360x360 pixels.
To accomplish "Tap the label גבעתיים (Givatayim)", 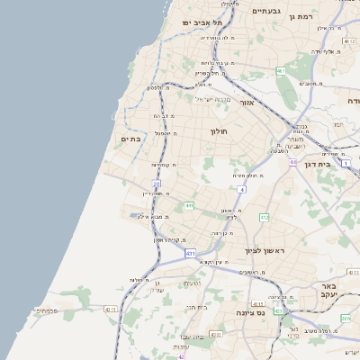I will coord(267,11).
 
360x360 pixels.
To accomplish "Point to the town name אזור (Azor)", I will coord(247,103).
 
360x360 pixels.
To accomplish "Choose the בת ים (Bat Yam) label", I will coord(131,139).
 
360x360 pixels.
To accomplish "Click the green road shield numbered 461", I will coord(281,70).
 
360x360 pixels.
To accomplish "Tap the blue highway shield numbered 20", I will coord(157,184).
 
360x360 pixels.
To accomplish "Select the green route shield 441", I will coord(189,206).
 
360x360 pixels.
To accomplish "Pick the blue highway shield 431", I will coord(190,254).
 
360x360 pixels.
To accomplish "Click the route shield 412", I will coord(264,218).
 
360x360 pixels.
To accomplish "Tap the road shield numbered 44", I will coord(292,162).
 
